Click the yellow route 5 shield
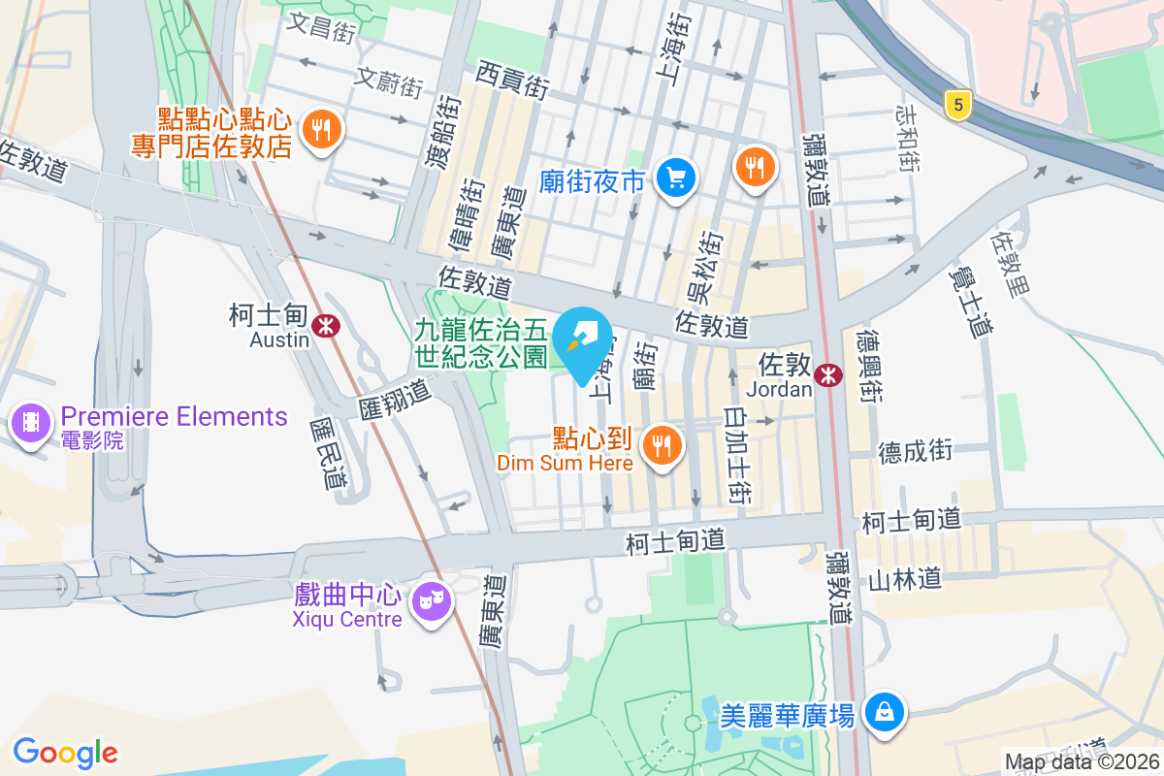tap(957, 106)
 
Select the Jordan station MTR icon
tap(828, 374)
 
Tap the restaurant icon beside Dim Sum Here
tap(663, 445)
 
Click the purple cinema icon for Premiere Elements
tap(31, 423)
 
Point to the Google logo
tap(66, 752)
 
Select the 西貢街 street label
tap(513, 79)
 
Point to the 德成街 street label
tap(916, 450)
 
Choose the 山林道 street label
tap(905, 579)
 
